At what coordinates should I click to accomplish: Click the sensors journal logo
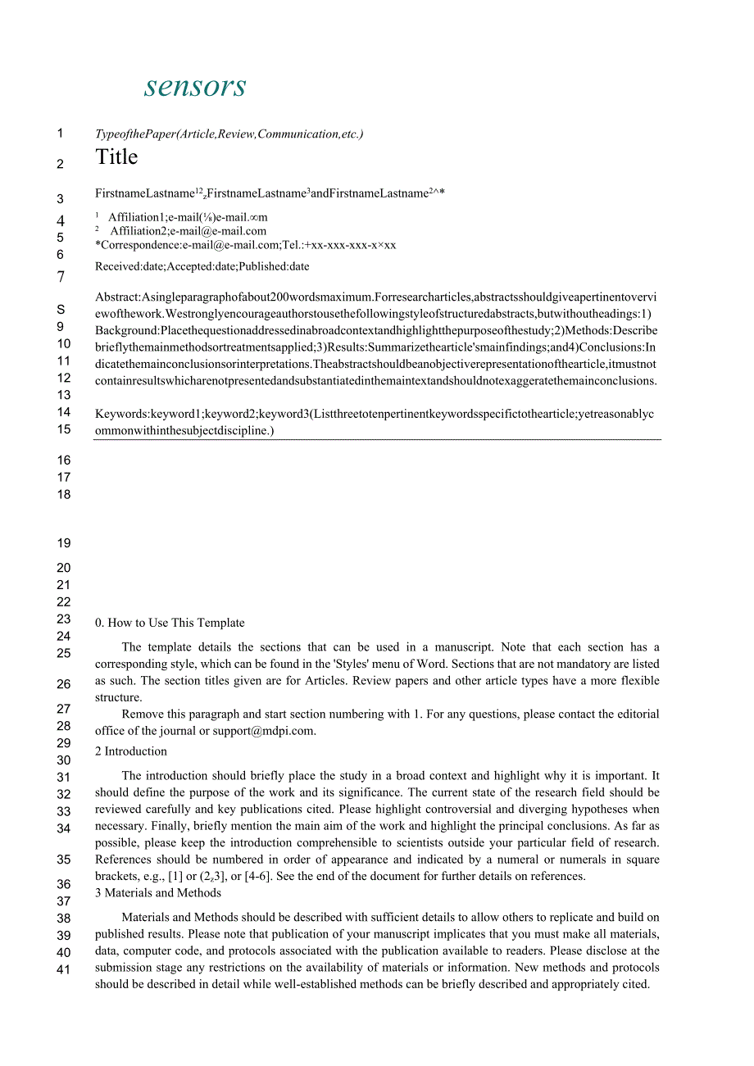tap(195, 86)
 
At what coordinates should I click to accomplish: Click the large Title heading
tap(116, 156)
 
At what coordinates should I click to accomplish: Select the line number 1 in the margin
tap(60, 133)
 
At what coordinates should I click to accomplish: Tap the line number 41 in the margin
tap(64, 970)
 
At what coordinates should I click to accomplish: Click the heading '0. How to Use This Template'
tap(170, 623)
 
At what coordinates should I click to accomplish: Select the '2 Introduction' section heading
tap(131, 751)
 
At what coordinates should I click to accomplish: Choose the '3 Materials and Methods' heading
tap(158, 893)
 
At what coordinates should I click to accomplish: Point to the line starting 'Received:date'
tap(202, 266)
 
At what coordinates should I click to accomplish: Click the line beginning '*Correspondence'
tap(245, 245)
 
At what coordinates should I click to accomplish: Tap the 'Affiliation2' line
tap(188, 231)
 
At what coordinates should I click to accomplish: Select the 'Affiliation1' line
tap(188, 217)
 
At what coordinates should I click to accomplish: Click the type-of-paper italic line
tap(229, 134)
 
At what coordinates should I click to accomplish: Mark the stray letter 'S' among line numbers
tap(60, 310)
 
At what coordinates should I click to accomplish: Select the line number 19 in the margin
tap(64, 542)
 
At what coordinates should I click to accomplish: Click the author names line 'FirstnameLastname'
tap(270, 193)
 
